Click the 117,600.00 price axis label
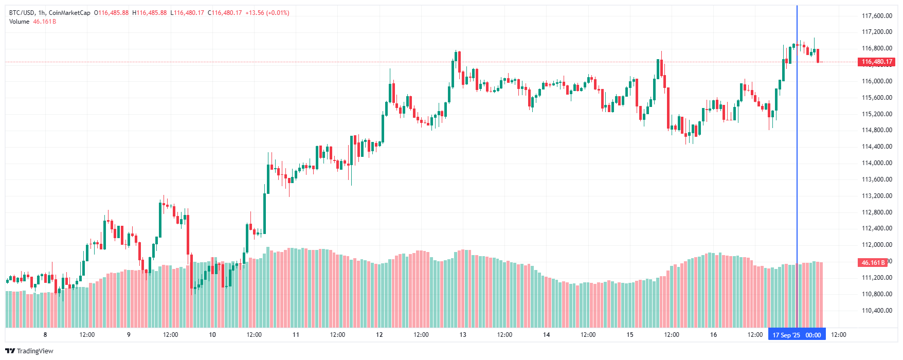pos(877,16)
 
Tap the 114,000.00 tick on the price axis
pos(877,163)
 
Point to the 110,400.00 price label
pos(877,311)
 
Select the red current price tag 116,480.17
pos(877,62)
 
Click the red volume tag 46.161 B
pos(873,262)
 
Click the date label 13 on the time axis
pos(463,335)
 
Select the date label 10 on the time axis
pos(212,335)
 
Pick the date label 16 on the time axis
pos(713,335)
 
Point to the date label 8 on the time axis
pos(45,335)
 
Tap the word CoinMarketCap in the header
pos(69,13)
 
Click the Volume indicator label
pos(20,22)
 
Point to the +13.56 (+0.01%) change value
pos(267,13)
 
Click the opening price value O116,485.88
pos(111,13)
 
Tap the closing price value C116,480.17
pos(225,13)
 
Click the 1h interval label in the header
pos(42,13)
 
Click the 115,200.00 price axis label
pos(877,114)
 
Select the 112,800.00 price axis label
pos(877,212)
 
